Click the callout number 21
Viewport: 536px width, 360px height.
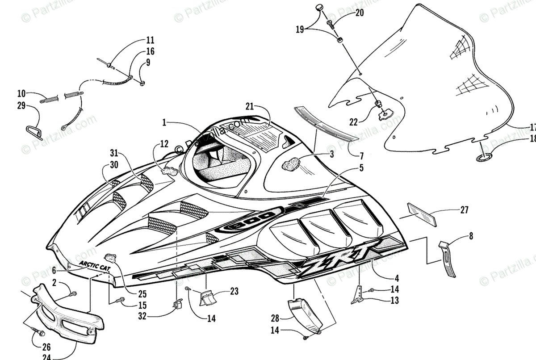click(x=249, y=106)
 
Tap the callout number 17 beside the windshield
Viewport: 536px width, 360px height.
click(x=532, y=127)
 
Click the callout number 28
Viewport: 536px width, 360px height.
click(x=274, y=318)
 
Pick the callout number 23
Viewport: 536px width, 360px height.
click(x=234, y=292)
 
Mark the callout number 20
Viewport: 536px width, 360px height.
click(x=359, y=13)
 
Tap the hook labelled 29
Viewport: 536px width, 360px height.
click(x=33, y=130)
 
